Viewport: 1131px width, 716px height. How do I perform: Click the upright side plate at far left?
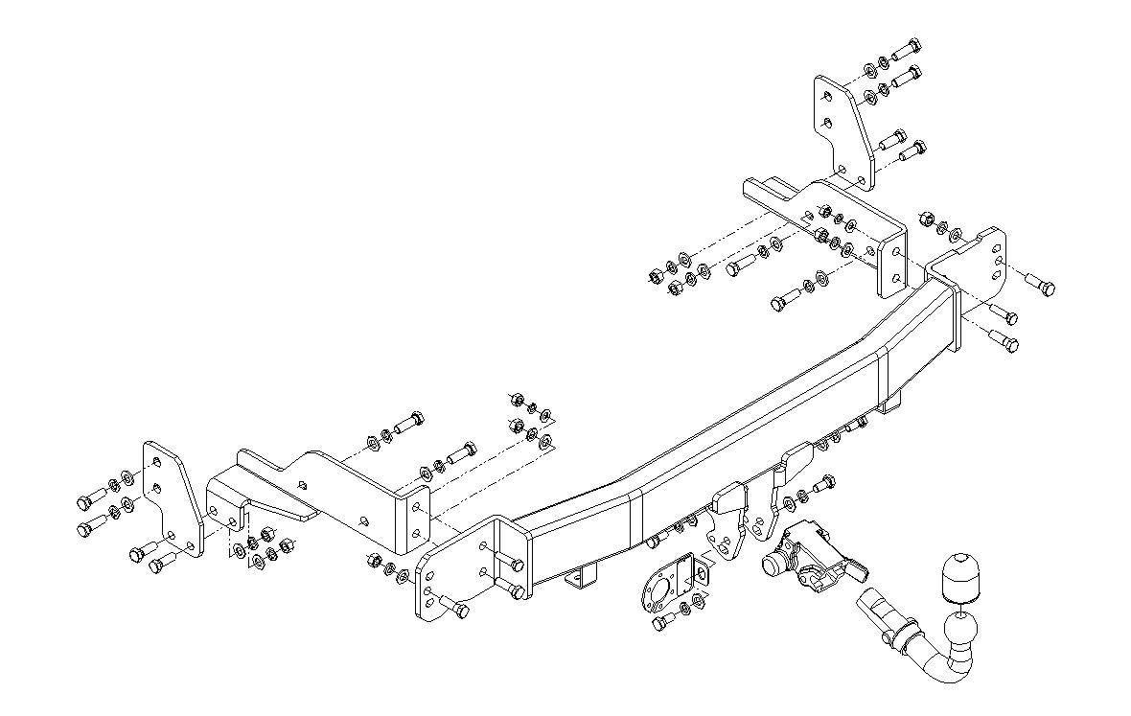click(173, 498)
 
